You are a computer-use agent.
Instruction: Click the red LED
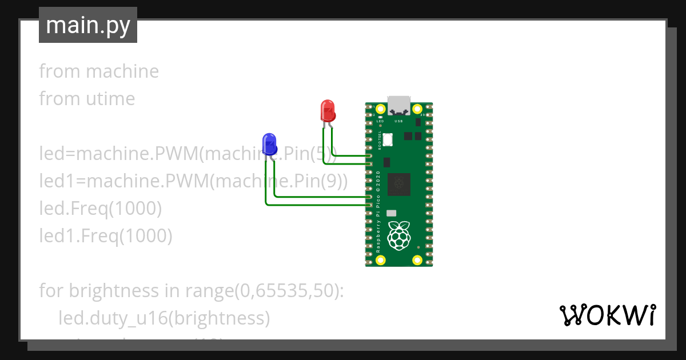pyautogui.click(x=328, y=110)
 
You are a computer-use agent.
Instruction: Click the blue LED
pyautogui.click(x=269, y=143)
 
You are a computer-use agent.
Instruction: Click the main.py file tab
pyautogui.click(x=88, y=25)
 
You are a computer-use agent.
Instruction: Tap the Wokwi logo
pyautogui.click(x=607, y=315)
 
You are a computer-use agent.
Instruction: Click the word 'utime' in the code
pyautogui.click(x=110, y=99)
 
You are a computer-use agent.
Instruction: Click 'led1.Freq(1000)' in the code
pyautogui.click(x=106, y=235)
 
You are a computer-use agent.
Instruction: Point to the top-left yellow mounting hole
pyautogui.click(x=381, y=109)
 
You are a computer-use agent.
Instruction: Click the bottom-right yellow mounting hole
pyautogui.click(x=417, y=261)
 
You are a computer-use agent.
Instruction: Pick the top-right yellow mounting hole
pyautogui.click(x=417, y=109)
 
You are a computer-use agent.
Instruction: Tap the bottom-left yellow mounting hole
pyautogui.click(x=381, y=261)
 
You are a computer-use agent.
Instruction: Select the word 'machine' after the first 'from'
pyautogui.click(x=122, y=71)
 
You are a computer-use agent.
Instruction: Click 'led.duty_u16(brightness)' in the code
pyautogui.click(x=164, y=318)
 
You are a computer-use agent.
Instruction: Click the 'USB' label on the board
pyautogui.click(x=399, y=121)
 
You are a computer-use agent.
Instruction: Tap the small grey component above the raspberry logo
pyautogui.click(x=392, y=213)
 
